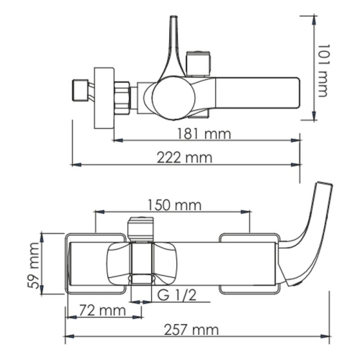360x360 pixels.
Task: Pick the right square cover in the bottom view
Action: [x=248, y=263]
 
